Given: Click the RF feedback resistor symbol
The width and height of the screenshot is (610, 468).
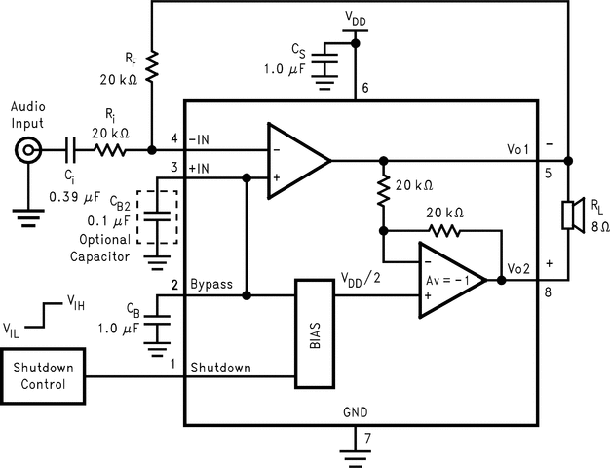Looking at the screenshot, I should [x=152, y=66].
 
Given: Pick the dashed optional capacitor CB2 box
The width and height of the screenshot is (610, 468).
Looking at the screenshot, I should [x=158, y=215].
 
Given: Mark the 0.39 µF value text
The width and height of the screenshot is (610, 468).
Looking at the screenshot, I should [x=74, y=198].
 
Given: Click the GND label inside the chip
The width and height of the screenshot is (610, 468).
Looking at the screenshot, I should [x=357, y=411].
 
